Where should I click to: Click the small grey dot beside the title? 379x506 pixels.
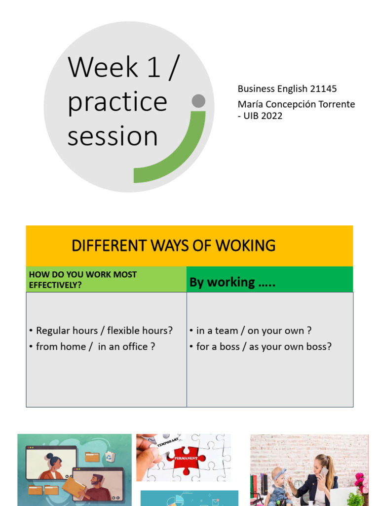point(198,101)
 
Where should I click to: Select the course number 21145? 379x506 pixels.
point(323,89)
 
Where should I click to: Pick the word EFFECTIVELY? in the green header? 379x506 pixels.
point(55,285)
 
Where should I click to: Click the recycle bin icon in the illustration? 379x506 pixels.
point(109,458)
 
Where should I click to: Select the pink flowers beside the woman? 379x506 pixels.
point(360,482)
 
